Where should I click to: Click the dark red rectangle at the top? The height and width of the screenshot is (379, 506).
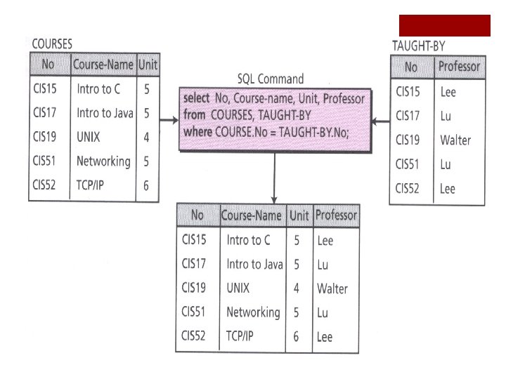(444, 25)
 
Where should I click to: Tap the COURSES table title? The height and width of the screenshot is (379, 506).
(52, 44)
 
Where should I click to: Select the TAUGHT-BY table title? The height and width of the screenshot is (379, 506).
(418, 46)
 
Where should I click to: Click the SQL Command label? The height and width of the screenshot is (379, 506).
(271, 78)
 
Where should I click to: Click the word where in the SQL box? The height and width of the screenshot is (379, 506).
(196, 131)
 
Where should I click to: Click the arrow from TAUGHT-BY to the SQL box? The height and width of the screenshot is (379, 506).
(381, 122)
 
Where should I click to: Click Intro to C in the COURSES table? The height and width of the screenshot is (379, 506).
(98, 90)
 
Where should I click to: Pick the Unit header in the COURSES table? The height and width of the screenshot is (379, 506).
(148, 66)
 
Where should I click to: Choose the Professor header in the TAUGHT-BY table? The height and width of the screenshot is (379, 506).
(458, 67)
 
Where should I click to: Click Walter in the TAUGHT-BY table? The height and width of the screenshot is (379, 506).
(455, 140)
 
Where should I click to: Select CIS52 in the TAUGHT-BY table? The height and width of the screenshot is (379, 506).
(408, 188)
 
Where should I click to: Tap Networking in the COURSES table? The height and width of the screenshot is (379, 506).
(103, 161)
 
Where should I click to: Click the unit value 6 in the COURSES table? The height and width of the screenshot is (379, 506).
(146, 185)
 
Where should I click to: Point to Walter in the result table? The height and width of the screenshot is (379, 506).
(332, 288)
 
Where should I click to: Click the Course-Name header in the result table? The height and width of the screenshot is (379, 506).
(252, 215)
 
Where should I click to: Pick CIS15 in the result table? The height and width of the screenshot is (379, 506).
(194, 240)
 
